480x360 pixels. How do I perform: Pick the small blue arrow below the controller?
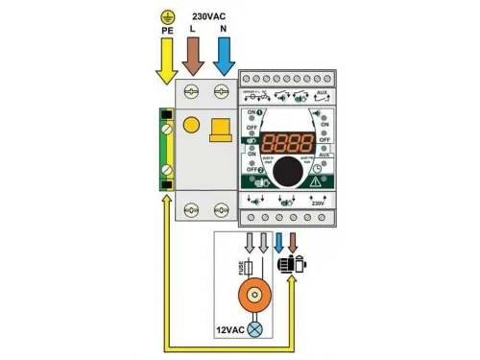tap(279, 241)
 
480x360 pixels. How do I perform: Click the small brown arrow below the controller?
tap(294, 241)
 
